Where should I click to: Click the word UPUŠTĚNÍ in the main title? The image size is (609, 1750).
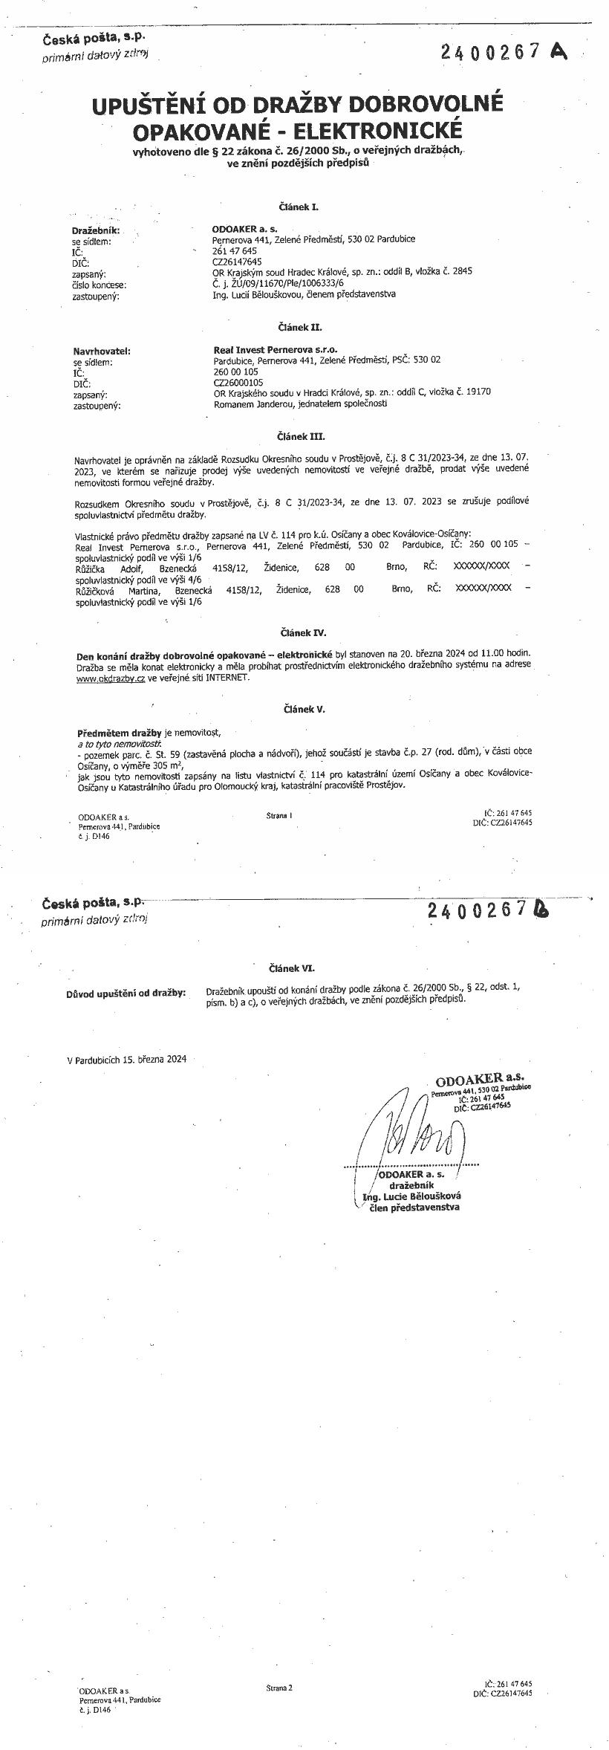coord(160,106)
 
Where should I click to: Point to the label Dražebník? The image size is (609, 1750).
coord(96,231)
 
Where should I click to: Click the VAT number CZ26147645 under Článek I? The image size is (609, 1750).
coord(237,262)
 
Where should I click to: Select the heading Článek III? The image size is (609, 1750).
coord(302,436)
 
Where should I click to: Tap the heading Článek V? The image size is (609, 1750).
coord(304,709)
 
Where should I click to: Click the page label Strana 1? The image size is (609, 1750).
coord(279,815)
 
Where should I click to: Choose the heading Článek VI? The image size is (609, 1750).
coord(292,968)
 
